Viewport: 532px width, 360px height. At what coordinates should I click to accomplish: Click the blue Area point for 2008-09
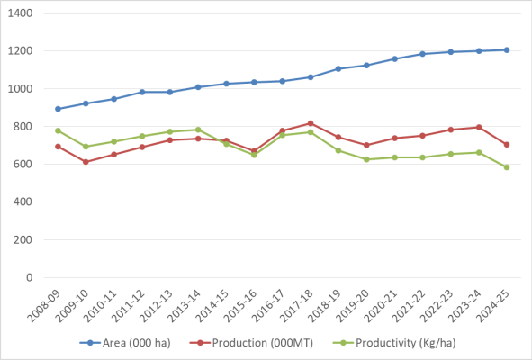[x=58, y=109]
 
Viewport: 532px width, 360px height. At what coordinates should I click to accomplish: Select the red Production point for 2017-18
[x=311, y=123]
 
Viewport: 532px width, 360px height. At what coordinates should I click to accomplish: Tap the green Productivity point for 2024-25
[x=507, y=167]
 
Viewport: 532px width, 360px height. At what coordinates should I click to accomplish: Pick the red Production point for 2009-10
[x=86, y=162]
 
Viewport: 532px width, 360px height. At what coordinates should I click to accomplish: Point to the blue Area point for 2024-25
[x=507, y=50]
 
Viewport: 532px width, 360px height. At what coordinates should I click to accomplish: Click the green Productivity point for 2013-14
[x=198, y=130]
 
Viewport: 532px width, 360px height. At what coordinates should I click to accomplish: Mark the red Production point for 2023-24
[x=479, y=128]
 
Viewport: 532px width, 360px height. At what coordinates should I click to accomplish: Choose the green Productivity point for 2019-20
[x=366, y=159]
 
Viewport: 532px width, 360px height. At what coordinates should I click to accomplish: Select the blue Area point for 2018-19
[x=338, y=69]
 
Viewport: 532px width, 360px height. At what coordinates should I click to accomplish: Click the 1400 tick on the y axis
[x=20, y=13]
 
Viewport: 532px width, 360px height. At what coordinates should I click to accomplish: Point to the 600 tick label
[x=23, y=164]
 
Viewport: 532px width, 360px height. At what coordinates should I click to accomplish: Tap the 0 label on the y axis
[x=30, y=277]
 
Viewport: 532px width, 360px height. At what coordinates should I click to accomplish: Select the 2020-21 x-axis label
[x=381, y=306]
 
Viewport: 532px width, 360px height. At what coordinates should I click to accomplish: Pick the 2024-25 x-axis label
[x=492, y=306]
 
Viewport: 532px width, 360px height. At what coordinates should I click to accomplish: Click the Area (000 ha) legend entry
[x=125, y=343]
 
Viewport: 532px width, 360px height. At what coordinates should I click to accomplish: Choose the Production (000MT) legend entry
[x=251, y=343]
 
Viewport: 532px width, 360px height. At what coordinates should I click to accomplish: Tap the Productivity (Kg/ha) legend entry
[x=394, y=343]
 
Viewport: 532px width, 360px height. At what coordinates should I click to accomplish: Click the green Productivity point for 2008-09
[x=58, y=131]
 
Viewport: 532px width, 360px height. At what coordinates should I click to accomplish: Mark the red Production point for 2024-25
[x=507, y=145]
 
